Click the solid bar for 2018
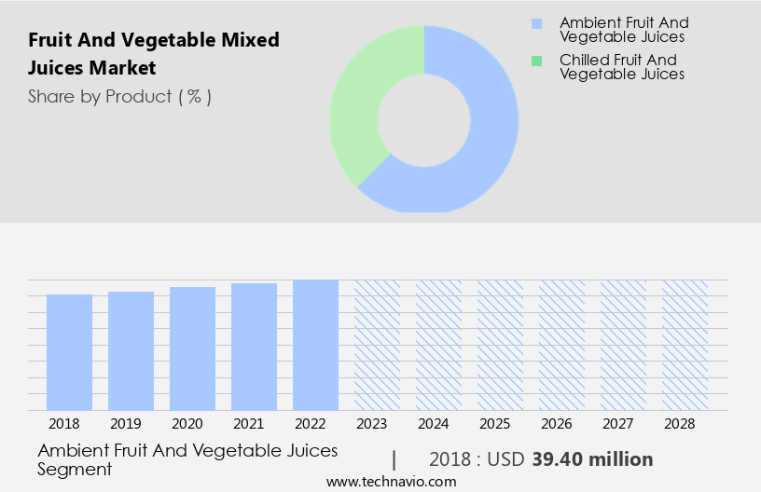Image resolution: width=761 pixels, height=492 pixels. (69, 352)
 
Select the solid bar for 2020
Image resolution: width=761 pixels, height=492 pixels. (192, 348)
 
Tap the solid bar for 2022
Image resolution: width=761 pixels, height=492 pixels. (315, 345)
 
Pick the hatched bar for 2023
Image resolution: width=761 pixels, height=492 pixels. (377, 345)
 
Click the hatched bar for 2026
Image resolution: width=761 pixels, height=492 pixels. (561, 345)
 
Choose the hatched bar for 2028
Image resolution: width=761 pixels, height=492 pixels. (685, 345)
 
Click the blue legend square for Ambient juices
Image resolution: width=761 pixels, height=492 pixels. (536, 23)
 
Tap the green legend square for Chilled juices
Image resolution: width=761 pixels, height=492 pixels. (536, 61)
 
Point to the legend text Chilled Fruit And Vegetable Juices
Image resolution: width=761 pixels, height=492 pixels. (622, 67)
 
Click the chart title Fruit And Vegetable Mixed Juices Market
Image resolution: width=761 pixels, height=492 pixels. (154, 54)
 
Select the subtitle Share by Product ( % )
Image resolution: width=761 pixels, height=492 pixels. (119, 96)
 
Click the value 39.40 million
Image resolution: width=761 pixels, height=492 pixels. (592, 459)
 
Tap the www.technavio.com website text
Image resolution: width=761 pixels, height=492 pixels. (392, 482)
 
